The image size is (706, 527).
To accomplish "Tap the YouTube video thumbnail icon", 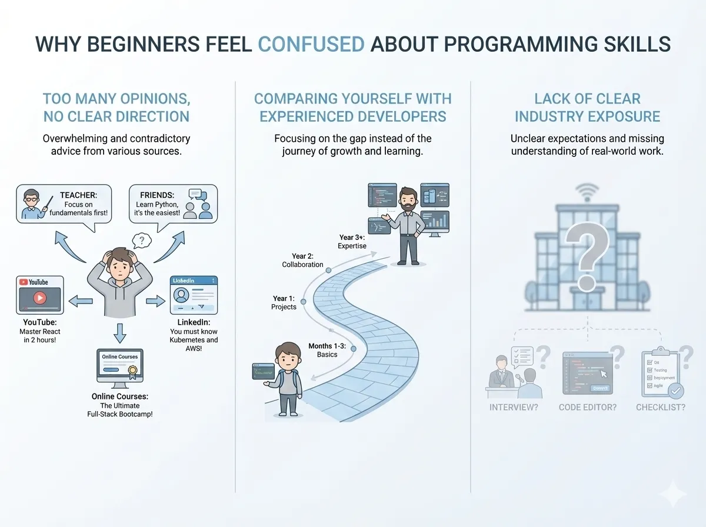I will tap(39, 294).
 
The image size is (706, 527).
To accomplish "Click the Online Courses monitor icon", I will tap(121, 368).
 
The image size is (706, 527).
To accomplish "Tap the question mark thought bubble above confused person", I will tap(142, 241).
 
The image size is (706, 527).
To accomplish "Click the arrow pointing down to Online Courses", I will tap(120, 333).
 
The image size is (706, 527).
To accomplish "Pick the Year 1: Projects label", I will tap(284, 303).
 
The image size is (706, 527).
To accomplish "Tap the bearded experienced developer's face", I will tap(406, 199).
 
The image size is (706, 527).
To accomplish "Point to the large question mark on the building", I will tap(585, 259).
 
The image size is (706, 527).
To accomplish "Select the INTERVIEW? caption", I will tap(514, 407).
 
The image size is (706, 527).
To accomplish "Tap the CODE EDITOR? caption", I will tap(587, 407).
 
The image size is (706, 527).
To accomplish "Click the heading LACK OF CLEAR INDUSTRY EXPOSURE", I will tap(587, 108).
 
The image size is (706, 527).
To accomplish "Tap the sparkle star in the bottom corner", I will tap(672, 495).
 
